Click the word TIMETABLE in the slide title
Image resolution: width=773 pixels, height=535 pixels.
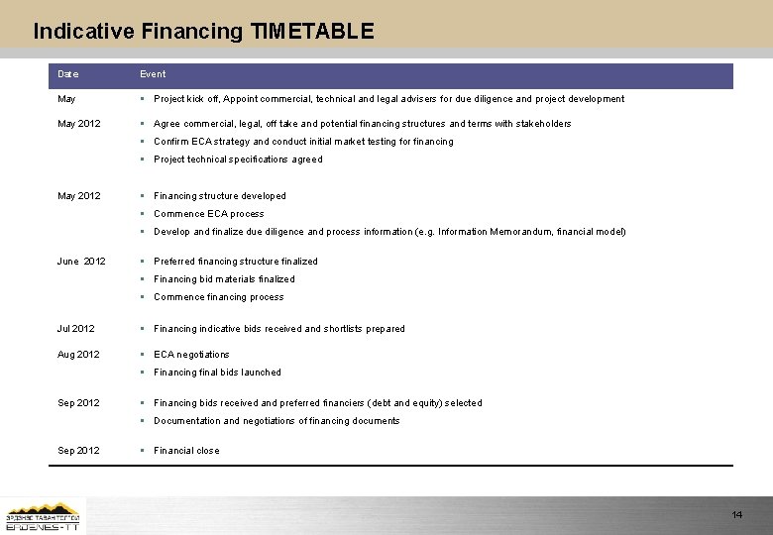pos(312,31)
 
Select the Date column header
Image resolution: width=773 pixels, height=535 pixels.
pos(68,74)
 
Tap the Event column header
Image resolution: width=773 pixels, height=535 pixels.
pos(153,74)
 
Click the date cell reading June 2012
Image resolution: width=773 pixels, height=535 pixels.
pos(81,262)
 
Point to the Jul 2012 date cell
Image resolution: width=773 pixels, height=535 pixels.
pos(76,329)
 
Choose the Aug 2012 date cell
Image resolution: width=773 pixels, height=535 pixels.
pos(78,355)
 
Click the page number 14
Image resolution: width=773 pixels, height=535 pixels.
pos(736,515)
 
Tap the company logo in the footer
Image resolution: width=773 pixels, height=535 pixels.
pos(44,515)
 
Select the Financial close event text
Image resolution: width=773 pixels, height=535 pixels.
pos(186,451)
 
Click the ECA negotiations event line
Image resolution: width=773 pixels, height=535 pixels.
pos(191,355)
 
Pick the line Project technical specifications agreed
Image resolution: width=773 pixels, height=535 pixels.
pos(238,160)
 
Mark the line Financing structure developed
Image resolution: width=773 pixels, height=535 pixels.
pos(220,196)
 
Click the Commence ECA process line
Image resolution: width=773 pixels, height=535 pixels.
pos(209,214)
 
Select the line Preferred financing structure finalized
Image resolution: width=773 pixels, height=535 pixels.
pos(236,262)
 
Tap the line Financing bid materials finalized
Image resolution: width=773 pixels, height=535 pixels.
pos(224,279)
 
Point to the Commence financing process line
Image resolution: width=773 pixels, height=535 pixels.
pos(219,297)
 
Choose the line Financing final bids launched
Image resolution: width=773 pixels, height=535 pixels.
pos(218,373)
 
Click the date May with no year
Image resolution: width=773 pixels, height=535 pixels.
pos(67,99)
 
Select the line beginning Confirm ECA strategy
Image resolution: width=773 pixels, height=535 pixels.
pos(303,142)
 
